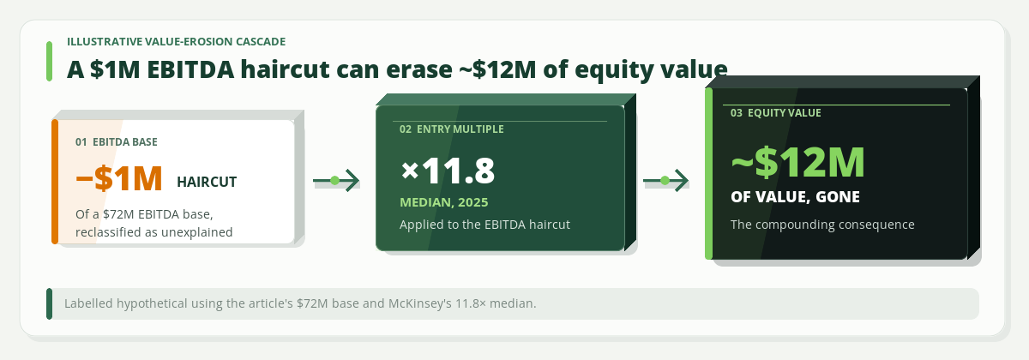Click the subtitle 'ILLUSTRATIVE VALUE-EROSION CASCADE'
(177, 42)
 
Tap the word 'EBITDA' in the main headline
(190, 69)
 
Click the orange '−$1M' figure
(119, 178)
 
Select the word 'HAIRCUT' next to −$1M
(207, 183)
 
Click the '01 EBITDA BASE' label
(117, 142)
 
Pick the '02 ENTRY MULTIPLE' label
(452, 129)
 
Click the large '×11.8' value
(448, 171)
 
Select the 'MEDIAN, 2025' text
(444, 202)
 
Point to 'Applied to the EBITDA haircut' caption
(484, 225)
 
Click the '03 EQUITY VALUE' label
(775, 113)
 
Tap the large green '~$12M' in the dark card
(798, 162)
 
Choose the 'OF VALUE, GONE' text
(795, 197)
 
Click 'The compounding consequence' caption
(822, 225)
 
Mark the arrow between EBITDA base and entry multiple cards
(336, 181)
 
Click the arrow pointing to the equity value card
(665, 181)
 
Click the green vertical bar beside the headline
(49, 62)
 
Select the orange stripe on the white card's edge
(55, 182)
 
